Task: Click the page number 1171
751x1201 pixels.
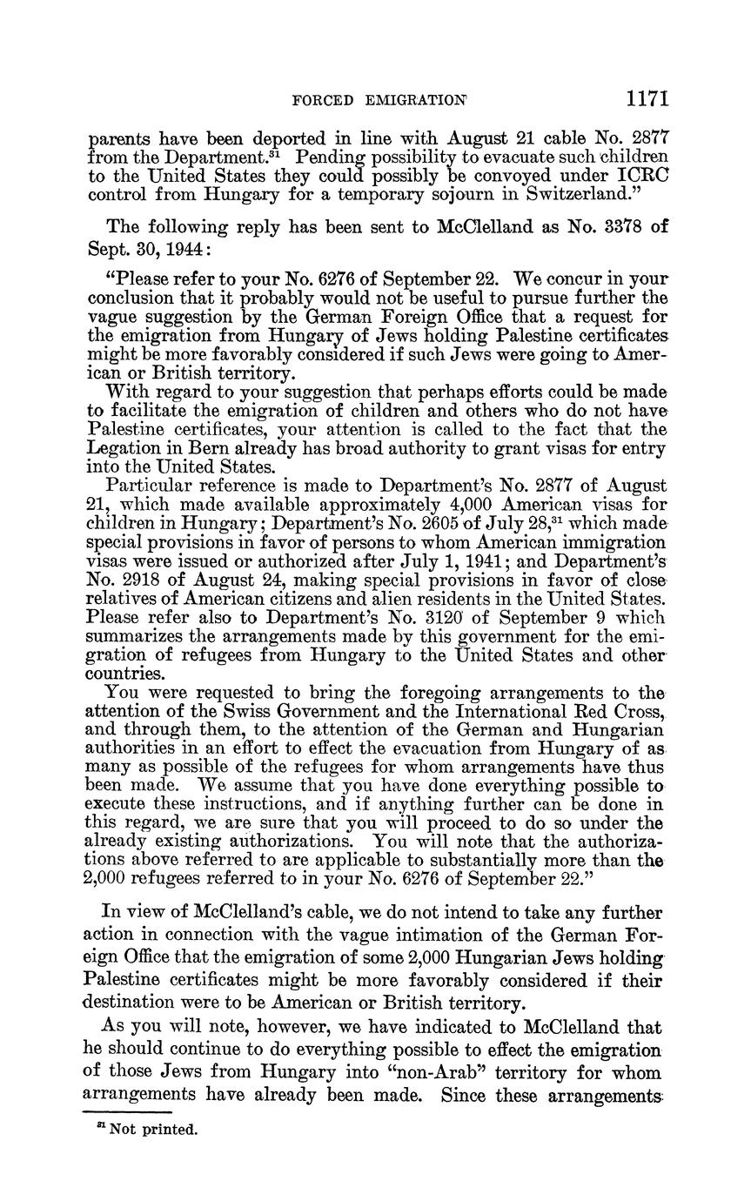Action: pyautogui.click(x=646, y=97)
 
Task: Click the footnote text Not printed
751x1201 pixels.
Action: pyautogui.click(x=153, y=1131)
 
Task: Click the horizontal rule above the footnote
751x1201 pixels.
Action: pyautogui.click(x=127, y=1112)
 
